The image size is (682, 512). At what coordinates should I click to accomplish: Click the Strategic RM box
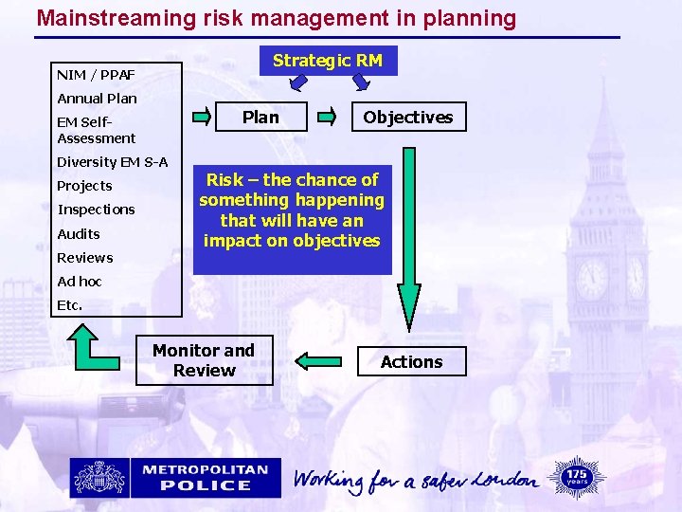(328, 61)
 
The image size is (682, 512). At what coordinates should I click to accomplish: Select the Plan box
(260, 117)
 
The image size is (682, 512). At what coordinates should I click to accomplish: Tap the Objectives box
(408, 117)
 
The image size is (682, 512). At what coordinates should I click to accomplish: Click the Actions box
(411, 361)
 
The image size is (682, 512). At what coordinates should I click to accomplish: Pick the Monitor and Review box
(204, 360)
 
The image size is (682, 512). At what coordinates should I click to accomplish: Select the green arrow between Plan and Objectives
(326, 118)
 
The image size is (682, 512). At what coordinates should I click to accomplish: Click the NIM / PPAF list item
(96, 74)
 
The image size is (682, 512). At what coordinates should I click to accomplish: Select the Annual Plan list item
(97, 99)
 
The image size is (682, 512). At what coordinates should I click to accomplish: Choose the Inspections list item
(96, 210)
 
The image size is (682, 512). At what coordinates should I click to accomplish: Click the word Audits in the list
(79, 234)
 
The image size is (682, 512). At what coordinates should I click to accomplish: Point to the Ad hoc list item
(80, 282)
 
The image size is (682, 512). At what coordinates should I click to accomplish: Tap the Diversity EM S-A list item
(112, 162)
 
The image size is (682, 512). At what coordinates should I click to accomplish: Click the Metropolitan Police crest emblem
(99, 478)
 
